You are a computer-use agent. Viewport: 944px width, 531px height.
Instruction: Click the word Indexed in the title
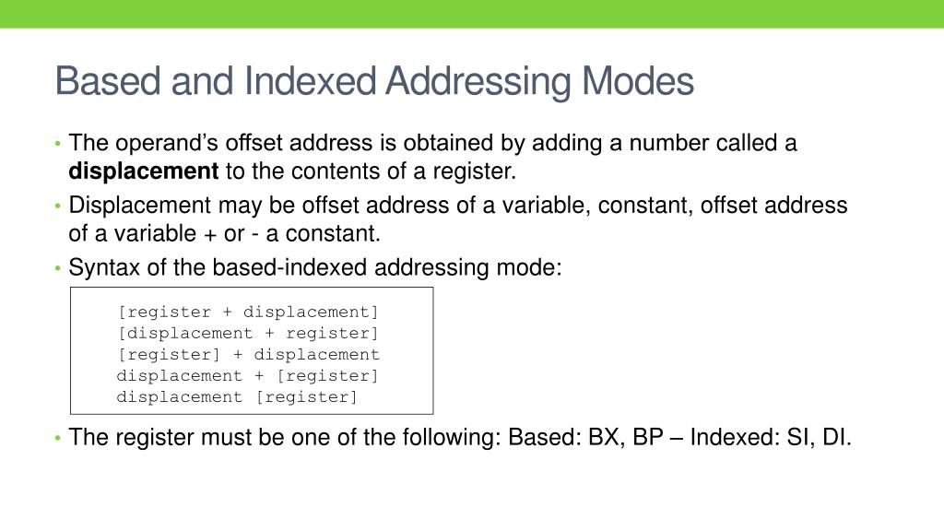tap(310, 81)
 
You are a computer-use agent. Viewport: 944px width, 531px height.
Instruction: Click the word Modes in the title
tap(637, 81)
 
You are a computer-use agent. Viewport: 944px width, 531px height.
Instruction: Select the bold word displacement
tap(143, 171)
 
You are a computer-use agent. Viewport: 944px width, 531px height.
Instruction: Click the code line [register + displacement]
tap(248, 312)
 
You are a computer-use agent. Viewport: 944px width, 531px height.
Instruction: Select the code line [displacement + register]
tap(248, 333)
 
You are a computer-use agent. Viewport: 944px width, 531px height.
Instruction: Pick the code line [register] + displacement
tap(248, 354)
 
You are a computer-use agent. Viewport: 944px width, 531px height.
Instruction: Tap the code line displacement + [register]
tap(248, 375)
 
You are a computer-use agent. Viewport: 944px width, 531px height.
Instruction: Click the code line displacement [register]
tap(237, 396)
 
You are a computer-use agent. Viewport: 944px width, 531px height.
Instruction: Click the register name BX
tap(606, 437)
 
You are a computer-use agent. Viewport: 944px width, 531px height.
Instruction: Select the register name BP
tap(648, 437)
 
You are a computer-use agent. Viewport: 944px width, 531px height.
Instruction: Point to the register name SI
tap(797, 437)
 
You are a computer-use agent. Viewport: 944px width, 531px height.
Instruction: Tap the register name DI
tap(836, 437)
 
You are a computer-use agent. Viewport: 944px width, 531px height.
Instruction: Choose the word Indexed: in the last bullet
tap(735, 437)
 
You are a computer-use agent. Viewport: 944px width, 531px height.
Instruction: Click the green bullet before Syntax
tap(58, 269)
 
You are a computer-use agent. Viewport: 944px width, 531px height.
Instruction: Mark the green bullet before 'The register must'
tap(58, 438)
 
